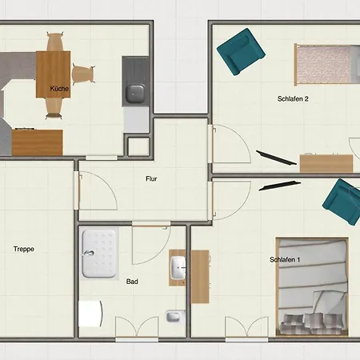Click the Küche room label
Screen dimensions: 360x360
click(x=59, y=89)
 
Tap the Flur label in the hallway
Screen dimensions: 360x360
click(x=151, y=178)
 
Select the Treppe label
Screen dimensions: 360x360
click(x=24, y=249)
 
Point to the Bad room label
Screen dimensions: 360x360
click(x=132, y=282)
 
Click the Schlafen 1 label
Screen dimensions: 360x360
click(x=285, y=259)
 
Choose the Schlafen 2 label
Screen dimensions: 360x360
click(x=293, y=98)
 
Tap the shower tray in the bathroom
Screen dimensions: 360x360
click(x=99, y=254)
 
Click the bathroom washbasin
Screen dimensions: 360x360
click(x=178, y=267)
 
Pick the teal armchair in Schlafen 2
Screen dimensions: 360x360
click(x=241, y=52)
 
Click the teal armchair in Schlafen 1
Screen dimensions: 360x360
click(x=342, y=202)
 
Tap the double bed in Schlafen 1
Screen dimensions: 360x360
click(x=312, y=286)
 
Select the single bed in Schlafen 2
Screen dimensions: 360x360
click(x=327, y=64)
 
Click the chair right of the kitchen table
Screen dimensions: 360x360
click(x=83, y=74)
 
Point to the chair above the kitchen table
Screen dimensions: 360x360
click(x=55, y=42)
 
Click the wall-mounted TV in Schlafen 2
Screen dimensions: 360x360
click(x=276, y=158)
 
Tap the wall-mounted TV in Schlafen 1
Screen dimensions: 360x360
click(x=280, y=186)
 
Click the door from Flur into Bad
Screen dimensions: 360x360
click(x=151, y=243)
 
